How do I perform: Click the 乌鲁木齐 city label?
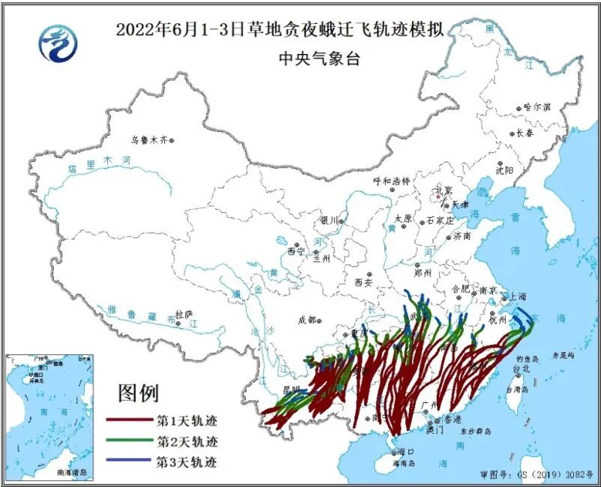point(148,139)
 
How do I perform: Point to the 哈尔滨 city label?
point(537,107)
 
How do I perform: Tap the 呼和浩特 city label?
point(391,181)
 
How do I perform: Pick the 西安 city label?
point(363,282)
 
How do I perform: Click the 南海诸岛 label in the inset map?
point(71,473)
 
